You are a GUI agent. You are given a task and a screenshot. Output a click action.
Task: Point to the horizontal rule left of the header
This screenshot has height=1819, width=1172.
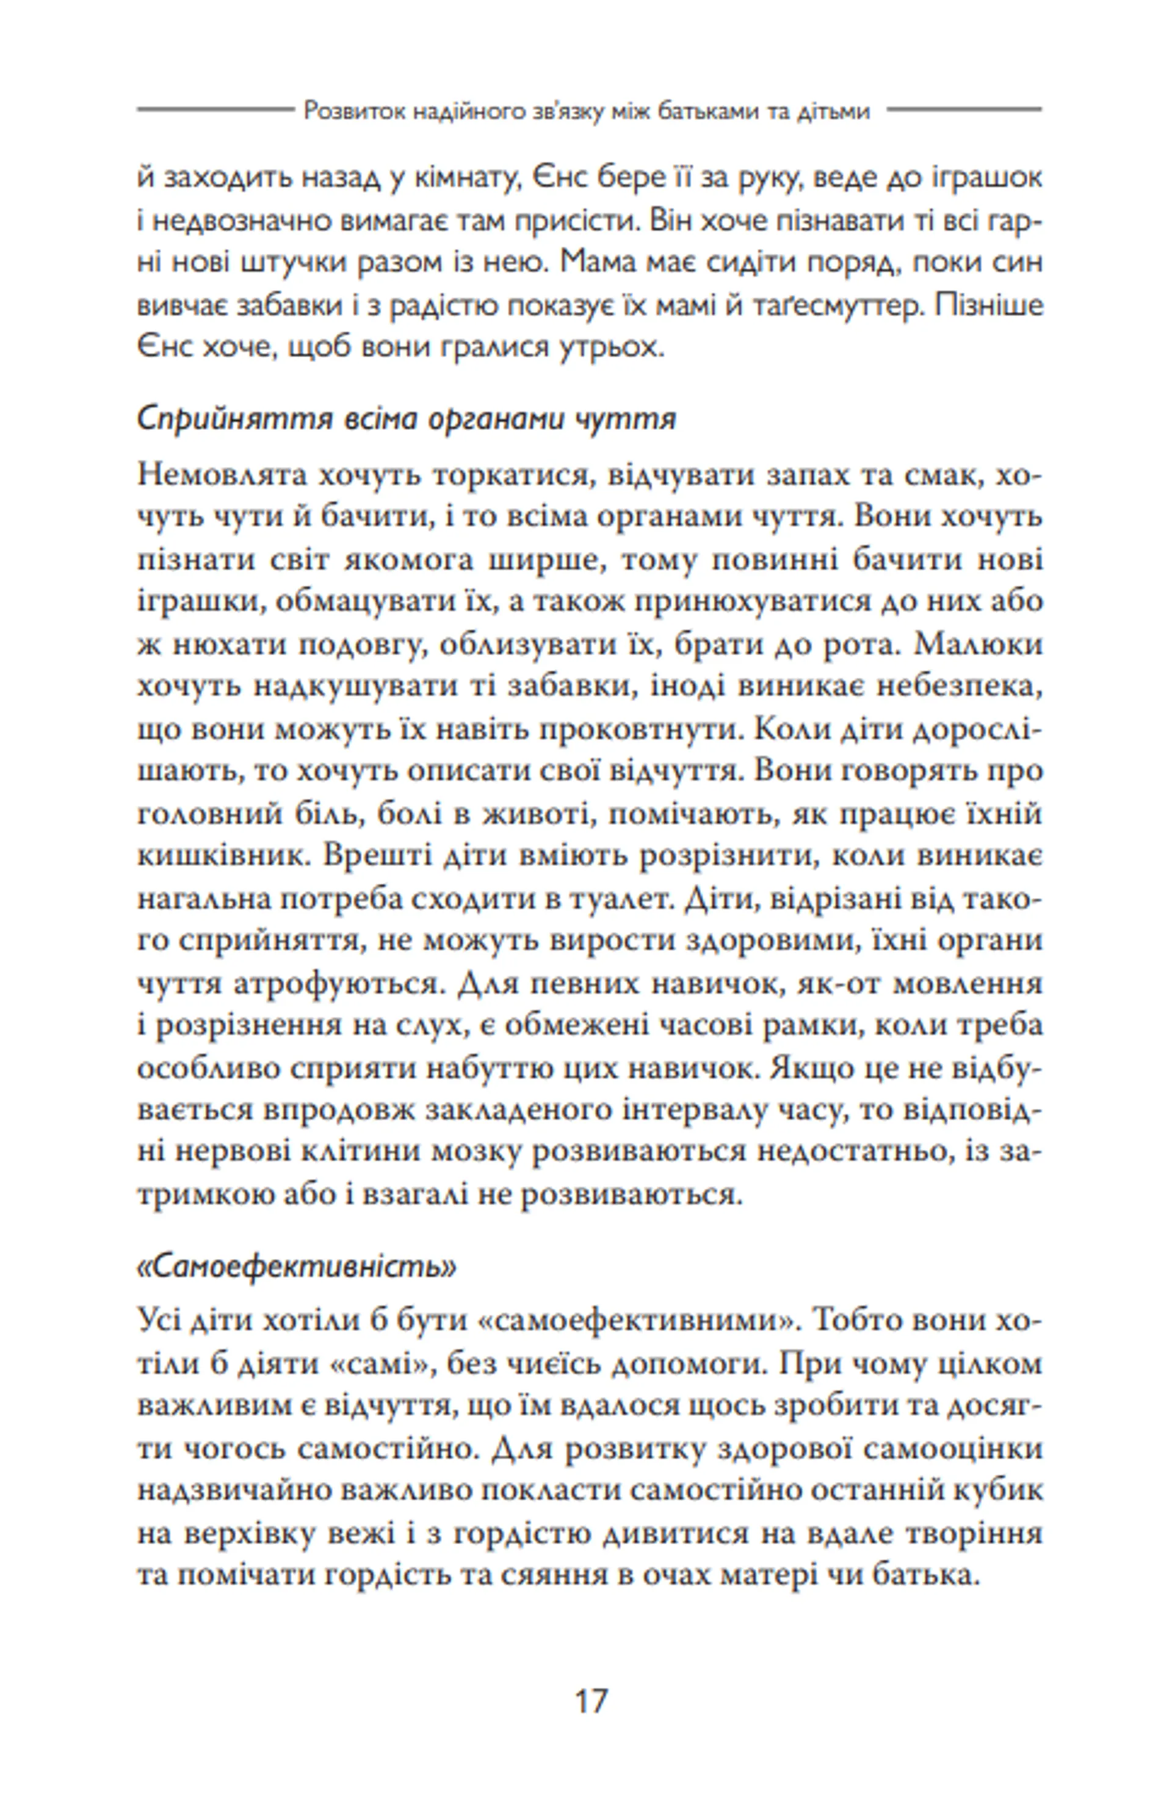(x=215, y=109)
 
